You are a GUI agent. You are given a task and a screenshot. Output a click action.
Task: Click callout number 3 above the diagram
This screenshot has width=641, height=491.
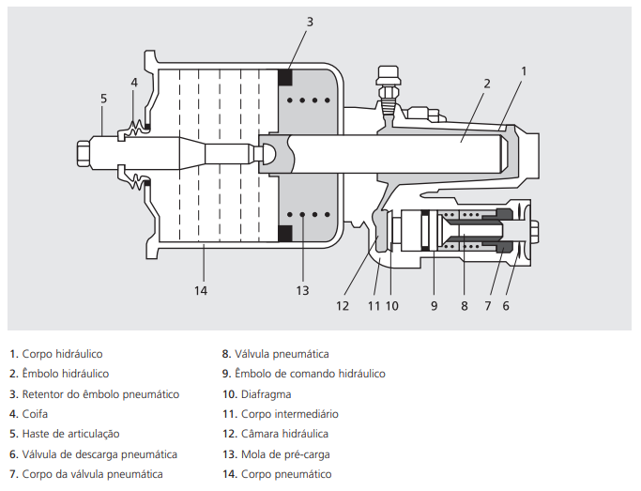point(310,21)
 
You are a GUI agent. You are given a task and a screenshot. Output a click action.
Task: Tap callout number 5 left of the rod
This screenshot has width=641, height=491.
point(103,98)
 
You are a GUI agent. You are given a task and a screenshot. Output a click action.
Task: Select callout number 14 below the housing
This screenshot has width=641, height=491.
point(200,290)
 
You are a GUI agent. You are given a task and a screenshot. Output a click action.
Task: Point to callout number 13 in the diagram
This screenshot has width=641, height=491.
point(302,290)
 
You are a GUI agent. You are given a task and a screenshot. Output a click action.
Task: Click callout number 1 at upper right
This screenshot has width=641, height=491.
point(524,70)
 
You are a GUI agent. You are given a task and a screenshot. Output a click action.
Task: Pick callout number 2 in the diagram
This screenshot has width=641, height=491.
point(487,83)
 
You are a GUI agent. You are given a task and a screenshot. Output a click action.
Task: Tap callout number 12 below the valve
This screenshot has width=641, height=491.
point(343,305)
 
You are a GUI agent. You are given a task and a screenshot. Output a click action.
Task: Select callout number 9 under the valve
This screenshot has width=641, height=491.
point(435,305)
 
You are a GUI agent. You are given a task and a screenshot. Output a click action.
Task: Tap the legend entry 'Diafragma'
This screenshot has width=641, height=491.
point(263,394)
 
